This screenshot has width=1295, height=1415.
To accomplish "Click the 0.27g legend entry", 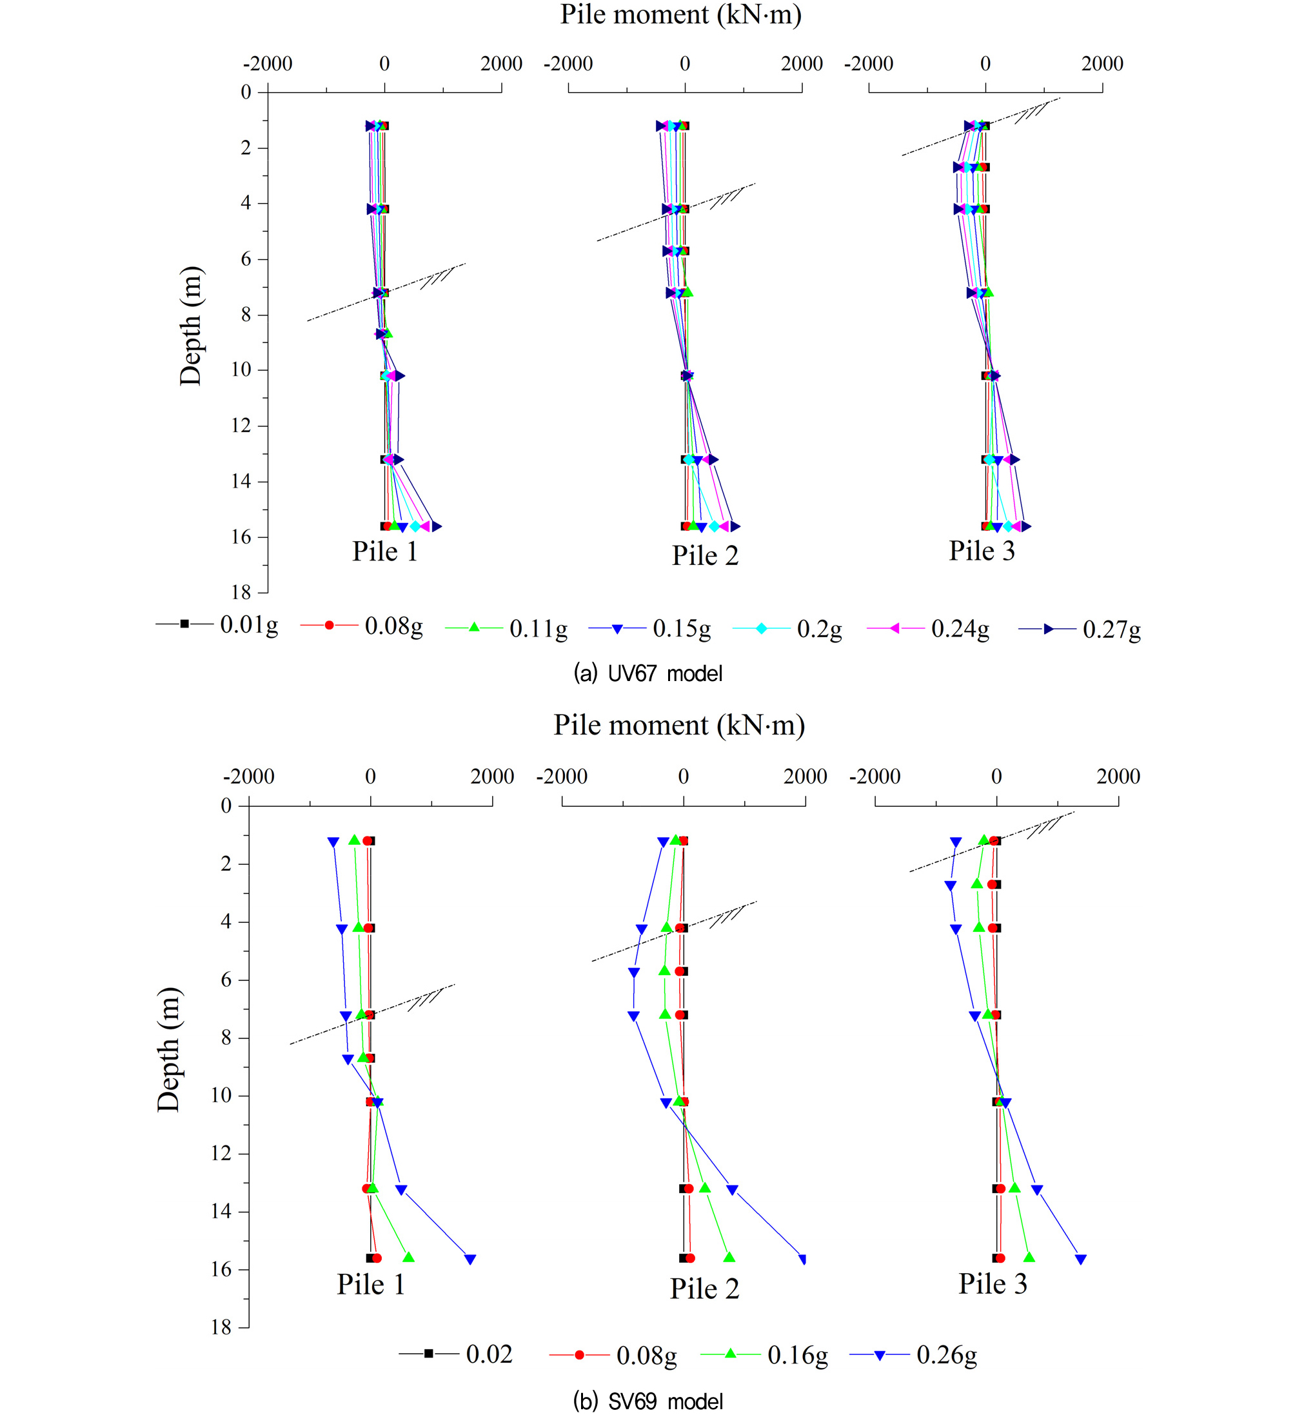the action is coord(1080,629).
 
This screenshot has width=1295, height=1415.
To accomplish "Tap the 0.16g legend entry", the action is coord(764,1354).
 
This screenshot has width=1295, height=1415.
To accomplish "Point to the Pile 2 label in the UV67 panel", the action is coord(705,555).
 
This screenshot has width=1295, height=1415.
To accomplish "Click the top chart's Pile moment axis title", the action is coord(680,15).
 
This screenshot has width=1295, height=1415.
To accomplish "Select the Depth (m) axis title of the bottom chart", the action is coord(168,1049).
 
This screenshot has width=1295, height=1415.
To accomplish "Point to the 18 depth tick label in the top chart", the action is coord(241,593).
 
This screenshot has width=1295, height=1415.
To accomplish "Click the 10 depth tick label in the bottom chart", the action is coord(221,1096).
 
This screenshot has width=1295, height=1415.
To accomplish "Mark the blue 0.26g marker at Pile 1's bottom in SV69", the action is coord(470,1259).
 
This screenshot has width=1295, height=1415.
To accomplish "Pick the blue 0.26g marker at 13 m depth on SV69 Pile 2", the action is coord(732,1190).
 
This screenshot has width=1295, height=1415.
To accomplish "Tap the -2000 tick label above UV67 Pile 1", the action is coord(268,64).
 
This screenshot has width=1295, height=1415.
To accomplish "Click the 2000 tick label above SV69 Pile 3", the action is coord(1118,777).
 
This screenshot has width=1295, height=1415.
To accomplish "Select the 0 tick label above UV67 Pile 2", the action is coord(684,64).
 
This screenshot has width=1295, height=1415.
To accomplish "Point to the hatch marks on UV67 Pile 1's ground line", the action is coord(437,278).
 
